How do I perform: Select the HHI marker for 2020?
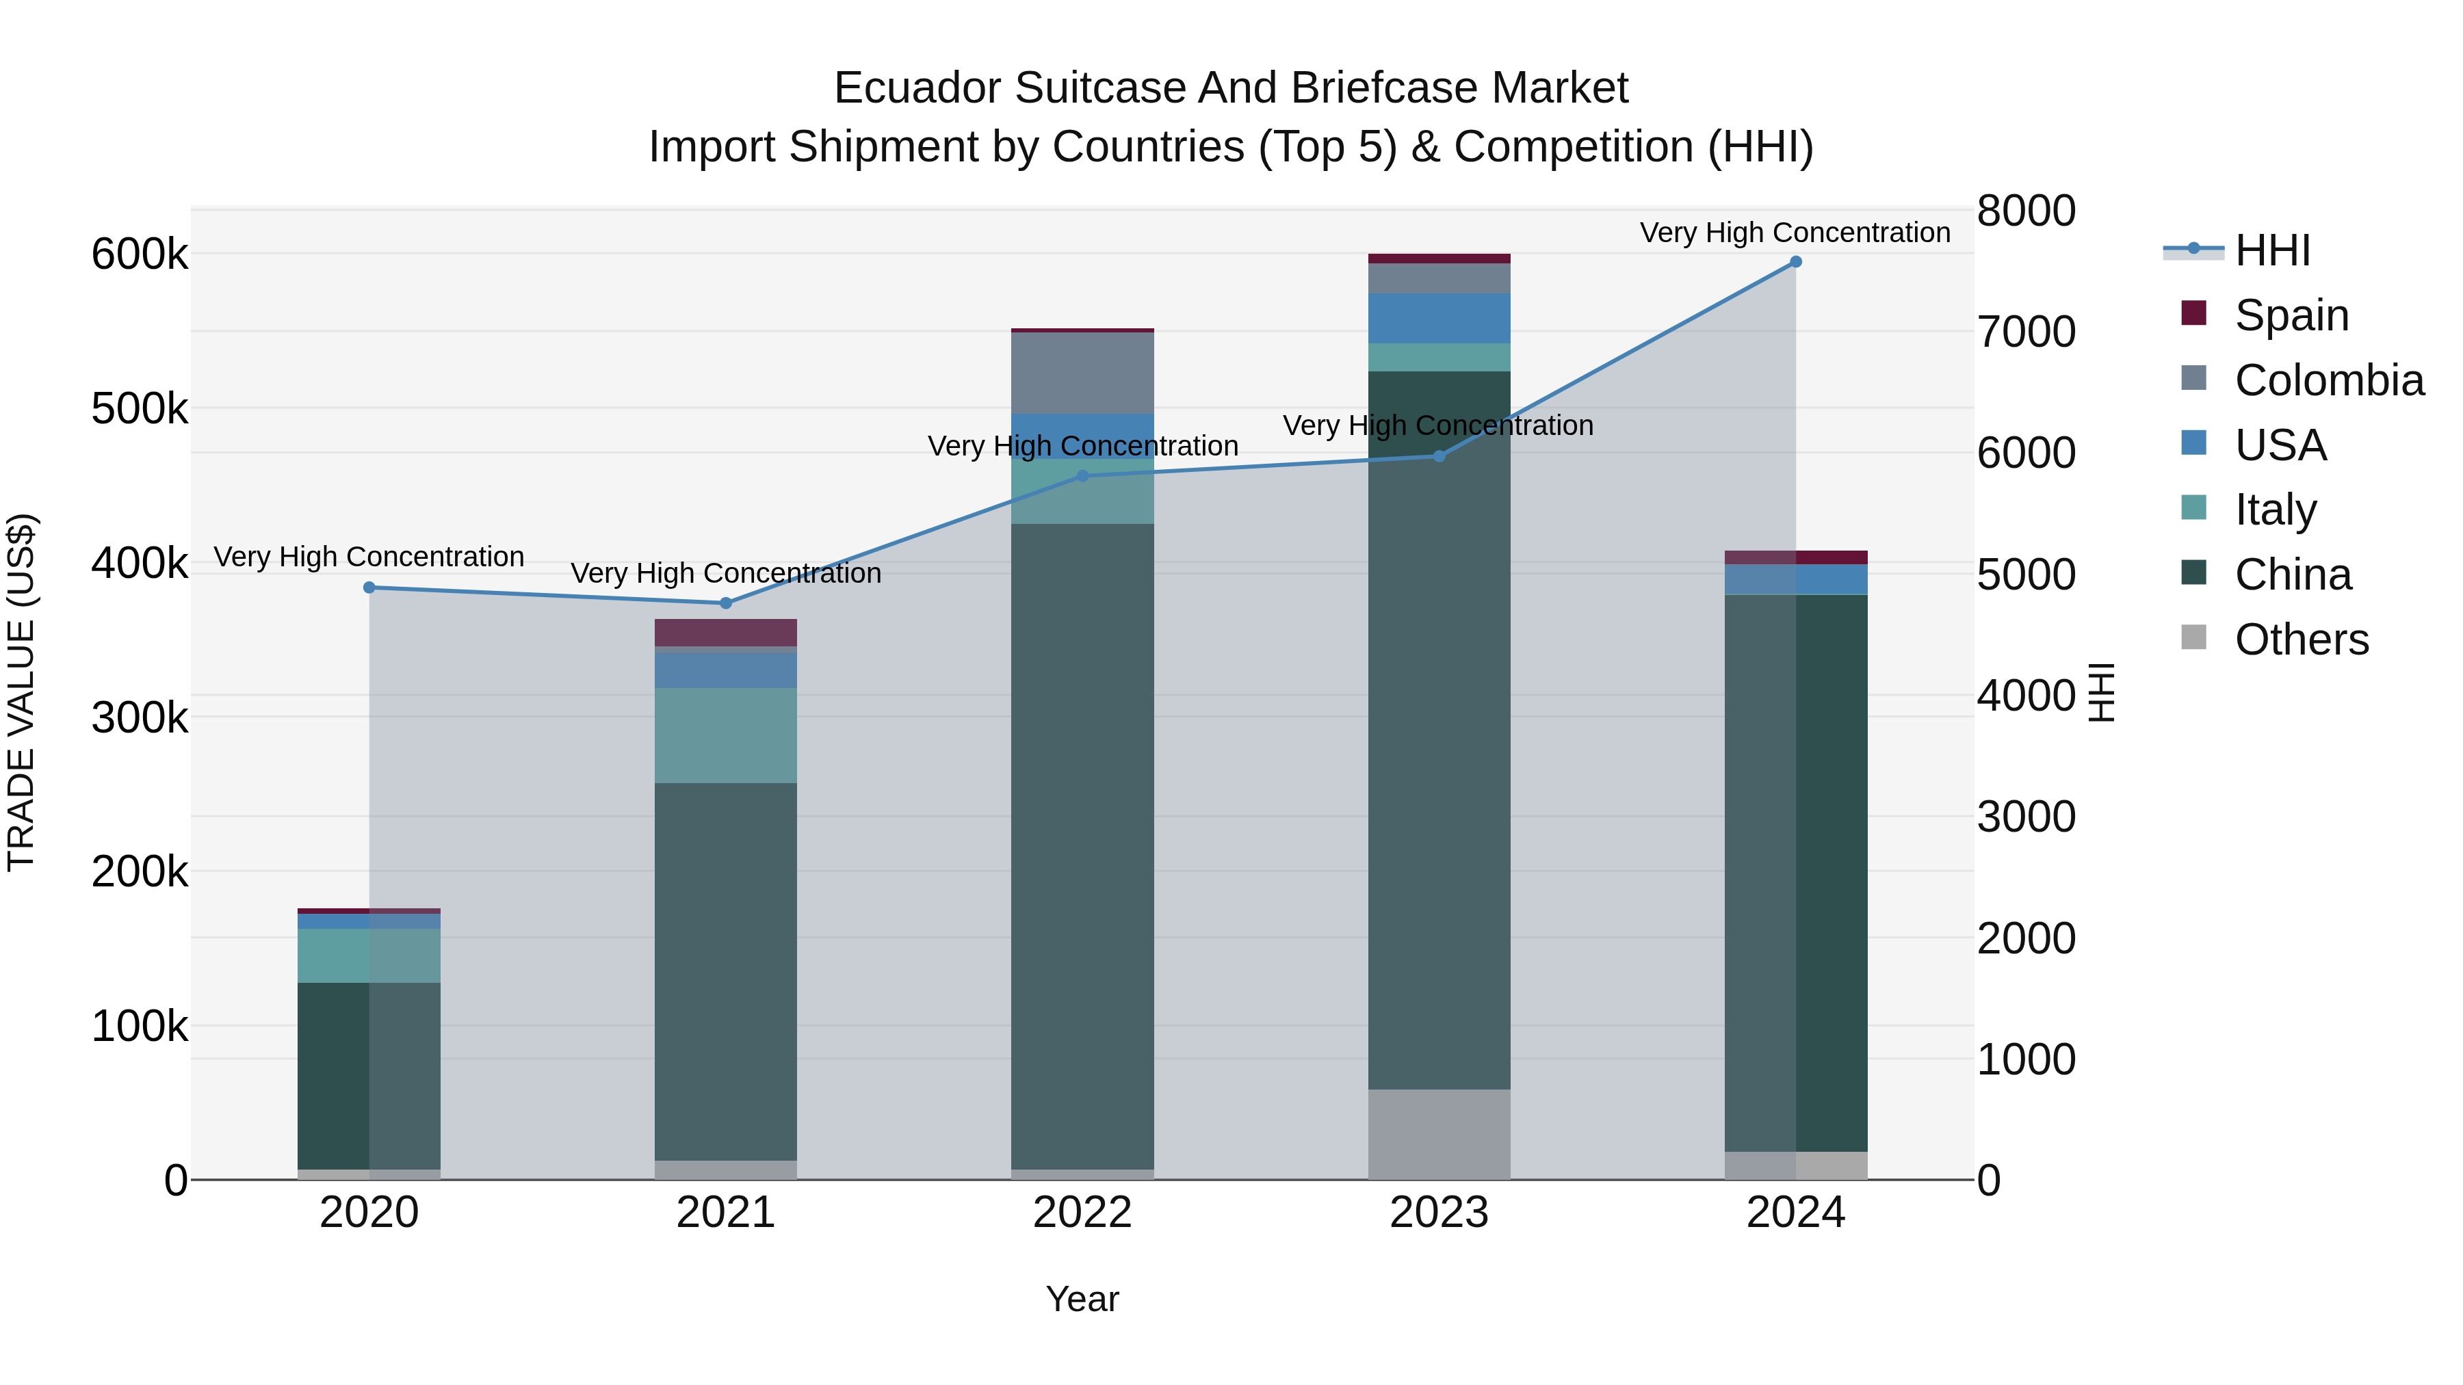pos(369,588)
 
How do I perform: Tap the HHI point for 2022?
pos(1082,476)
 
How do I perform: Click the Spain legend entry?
pos(2291,315)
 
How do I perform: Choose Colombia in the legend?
pos(2328,380)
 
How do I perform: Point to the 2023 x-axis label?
pos(1438,1213)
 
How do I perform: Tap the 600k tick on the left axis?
pos(140,254)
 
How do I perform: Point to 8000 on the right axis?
pos(2025,211)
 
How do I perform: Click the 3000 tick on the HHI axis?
pos(2025,817)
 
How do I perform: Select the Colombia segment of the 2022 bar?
pos(1082,373)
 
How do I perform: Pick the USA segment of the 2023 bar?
pos(1438,318)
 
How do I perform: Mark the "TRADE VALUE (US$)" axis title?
pos(21,692)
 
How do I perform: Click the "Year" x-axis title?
pos(1082,1299)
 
